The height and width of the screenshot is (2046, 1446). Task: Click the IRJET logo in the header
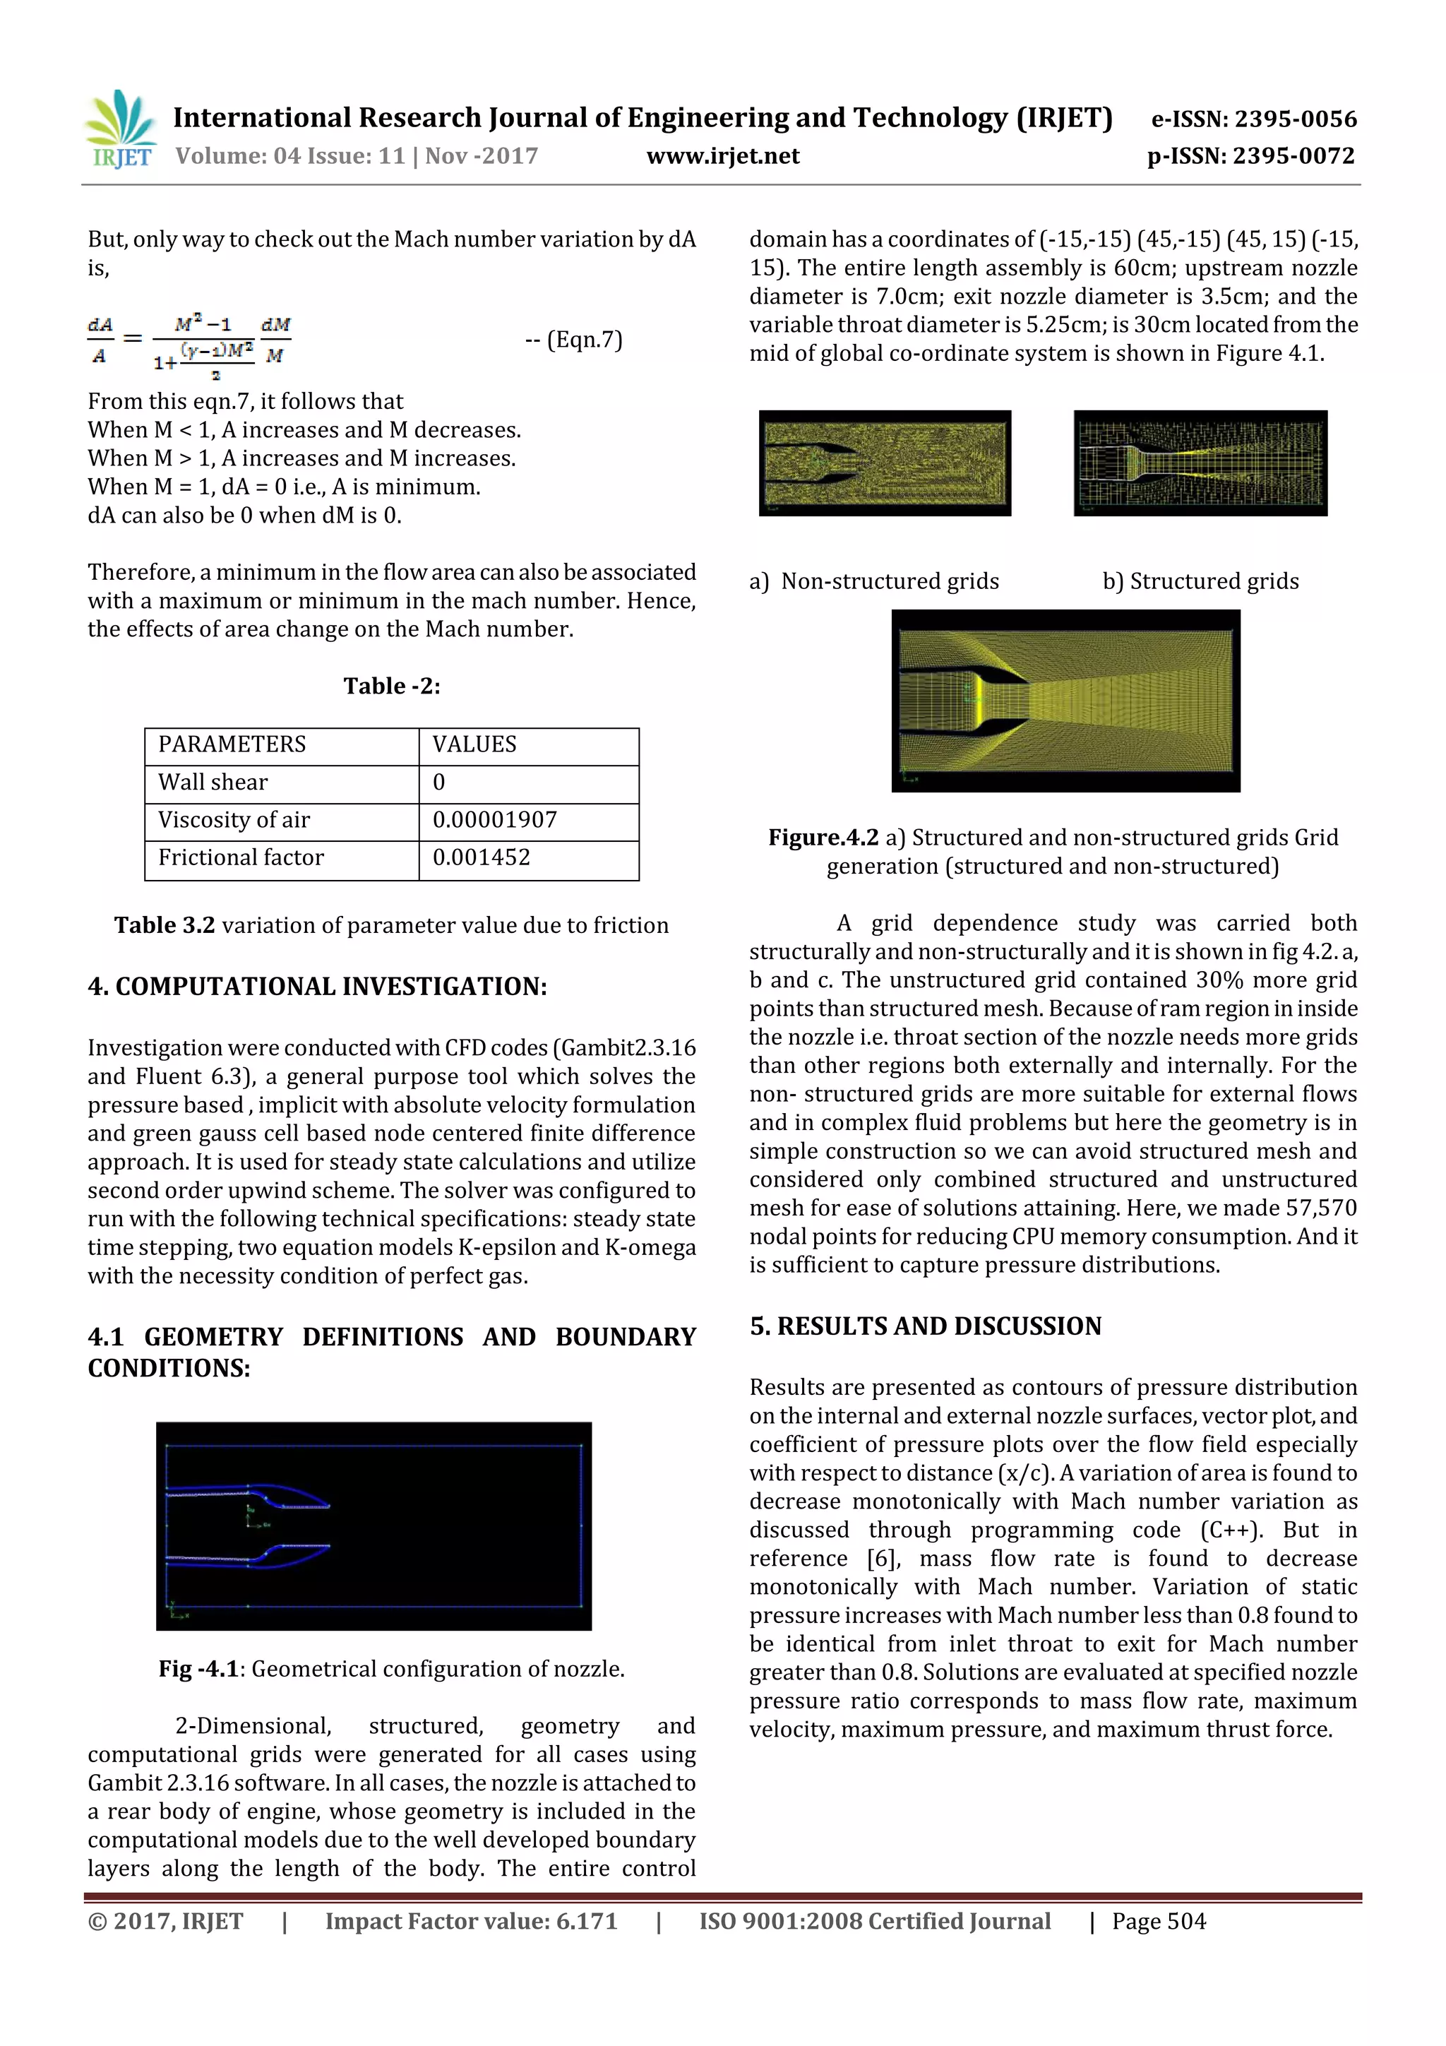[120, 130]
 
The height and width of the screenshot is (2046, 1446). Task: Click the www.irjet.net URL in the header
[722, 156]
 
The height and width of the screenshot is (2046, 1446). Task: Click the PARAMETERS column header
[232, 744]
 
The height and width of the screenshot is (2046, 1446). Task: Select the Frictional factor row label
[241, 857]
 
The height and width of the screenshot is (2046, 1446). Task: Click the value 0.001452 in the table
[481, 857]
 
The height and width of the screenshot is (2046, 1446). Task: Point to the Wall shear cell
[213, 783]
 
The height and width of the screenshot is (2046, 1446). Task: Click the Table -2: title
[392, 685]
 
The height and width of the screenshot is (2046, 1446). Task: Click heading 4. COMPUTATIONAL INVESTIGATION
[317, 987]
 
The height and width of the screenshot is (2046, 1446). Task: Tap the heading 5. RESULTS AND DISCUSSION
[925, 1326]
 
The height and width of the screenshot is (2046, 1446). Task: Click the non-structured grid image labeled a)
[885, 463]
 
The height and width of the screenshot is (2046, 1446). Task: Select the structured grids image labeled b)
[1200, 463]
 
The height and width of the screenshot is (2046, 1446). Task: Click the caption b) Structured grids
[1200, 581]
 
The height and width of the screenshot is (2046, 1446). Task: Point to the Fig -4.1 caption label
[198, 1669]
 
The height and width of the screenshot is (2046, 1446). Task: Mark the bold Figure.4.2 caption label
[823, 838]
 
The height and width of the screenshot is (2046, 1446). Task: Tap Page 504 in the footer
[1158, 1920]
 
